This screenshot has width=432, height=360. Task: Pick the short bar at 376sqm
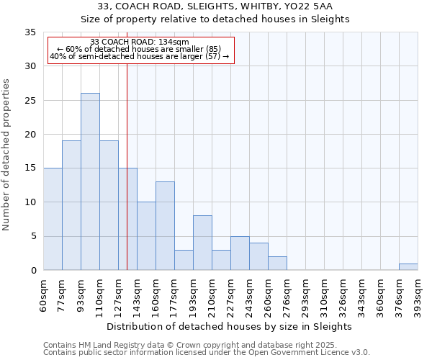point(408,266)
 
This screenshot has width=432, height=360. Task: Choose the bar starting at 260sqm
point(277,263)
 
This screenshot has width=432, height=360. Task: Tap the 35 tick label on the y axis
point(30,32)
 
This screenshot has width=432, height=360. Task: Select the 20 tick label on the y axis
point(30,135)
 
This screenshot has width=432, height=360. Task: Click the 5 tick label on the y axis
point(33,237)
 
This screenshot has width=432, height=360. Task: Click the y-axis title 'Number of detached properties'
point(7,156)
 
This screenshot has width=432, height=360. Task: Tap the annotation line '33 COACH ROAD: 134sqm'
point(140,42)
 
